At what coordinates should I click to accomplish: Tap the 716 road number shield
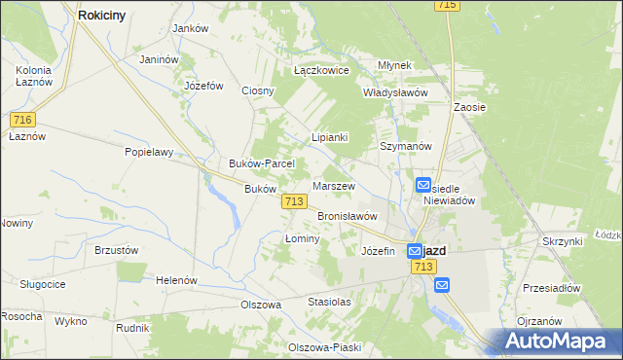coord(24,120)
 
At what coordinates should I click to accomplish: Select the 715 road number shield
coord(448,5)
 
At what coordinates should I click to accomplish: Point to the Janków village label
coord(191,28)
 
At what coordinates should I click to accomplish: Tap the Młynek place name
coord(396,65)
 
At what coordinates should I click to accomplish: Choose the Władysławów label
coord(396,92)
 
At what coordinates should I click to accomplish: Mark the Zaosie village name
coord(470,107)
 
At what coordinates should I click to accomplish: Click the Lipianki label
coord(329,137)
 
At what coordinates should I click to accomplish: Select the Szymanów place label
coord(405,145)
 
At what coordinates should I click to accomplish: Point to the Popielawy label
coord(149,152)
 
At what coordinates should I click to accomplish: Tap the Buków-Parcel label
coord(254,163)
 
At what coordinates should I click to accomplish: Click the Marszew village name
coord(334,185)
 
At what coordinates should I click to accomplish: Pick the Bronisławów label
coord(348,216)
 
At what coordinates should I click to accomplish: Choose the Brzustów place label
coord(117,249)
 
